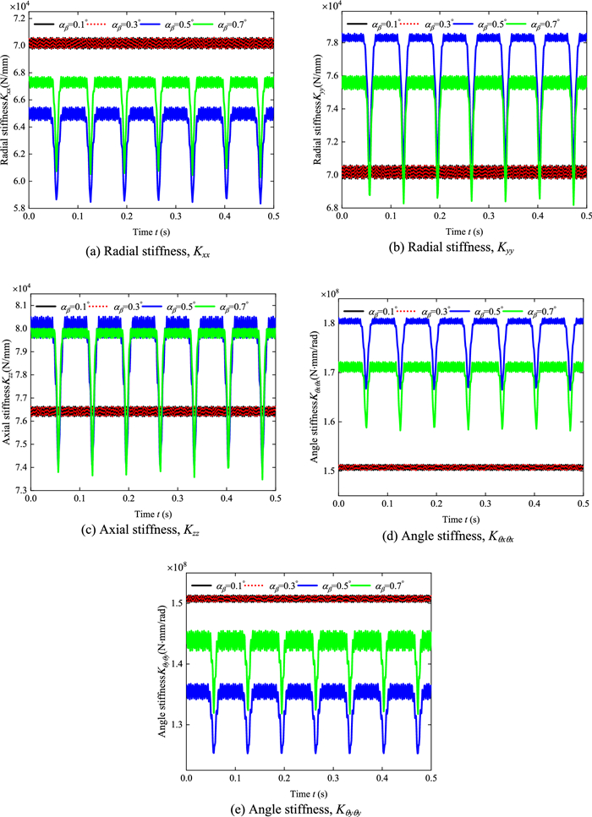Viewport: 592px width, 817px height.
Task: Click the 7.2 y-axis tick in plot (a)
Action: [x=19, y=14]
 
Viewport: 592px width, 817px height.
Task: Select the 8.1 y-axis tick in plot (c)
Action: [x=19, y=305]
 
